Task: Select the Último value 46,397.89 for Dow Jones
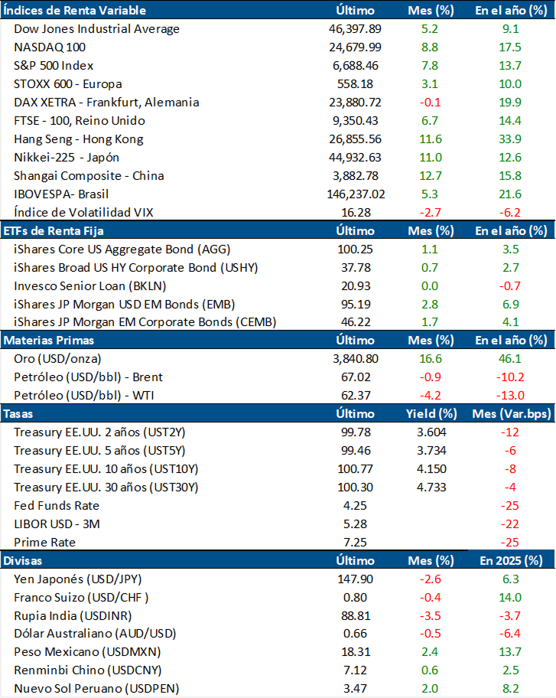point(355,28)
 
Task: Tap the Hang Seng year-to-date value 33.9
point(509,139)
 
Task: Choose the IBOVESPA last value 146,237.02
point(355,194)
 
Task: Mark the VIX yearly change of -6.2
point(509,212)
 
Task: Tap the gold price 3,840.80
point(355,359)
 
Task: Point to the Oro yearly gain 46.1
point(509,359)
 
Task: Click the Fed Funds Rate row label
point(57,506)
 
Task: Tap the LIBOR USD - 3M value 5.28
point(355,524)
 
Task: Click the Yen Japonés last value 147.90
point(355,579)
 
